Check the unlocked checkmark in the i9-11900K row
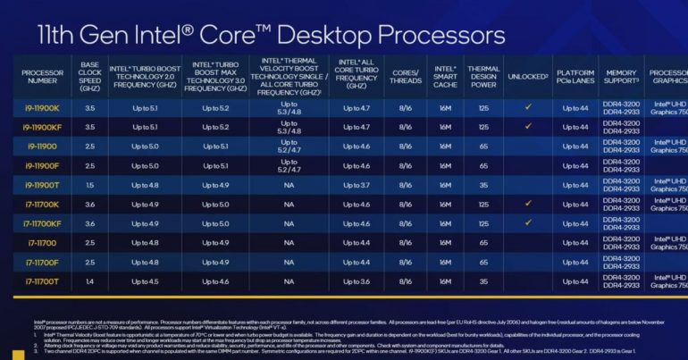click(528, 106)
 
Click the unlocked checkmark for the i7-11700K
click(528, 203)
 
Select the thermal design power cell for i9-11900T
click(482, 184)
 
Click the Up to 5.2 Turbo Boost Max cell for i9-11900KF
click(215, 127)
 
